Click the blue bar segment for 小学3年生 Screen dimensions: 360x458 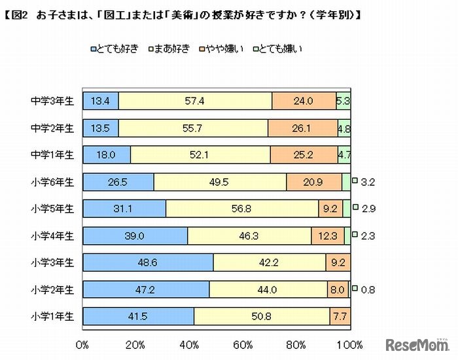pyautogui.click(x=149, y=262)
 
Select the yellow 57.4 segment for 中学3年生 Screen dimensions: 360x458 pyautogui.click(x=195, y=101)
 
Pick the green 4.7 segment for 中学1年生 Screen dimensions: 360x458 pyautogui.click(x=343, y=154)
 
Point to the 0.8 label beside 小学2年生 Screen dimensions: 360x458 pyautogui.click(x=366, y=289)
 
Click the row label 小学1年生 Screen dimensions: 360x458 pyautogui.click(x=52, y=315)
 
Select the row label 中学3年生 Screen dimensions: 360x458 pyautogui.click(x=52, y=101)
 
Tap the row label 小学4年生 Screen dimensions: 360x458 pyautogui.click(x=52, y=235)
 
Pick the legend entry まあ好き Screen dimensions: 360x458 pyautogui.click(x=171, y=48)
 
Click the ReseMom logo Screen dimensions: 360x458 pyautogui.click(x=417, y=345)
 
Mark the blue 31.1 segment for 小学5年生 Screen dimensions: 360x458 pyautogui.click(x=124, y=208)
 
